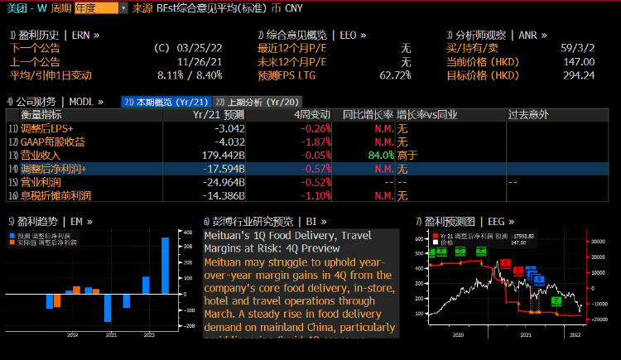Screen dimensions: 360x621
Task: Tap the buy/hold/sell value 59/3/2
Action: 577,48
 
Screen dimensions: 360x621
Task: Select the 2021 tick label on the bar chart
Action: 111,335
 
